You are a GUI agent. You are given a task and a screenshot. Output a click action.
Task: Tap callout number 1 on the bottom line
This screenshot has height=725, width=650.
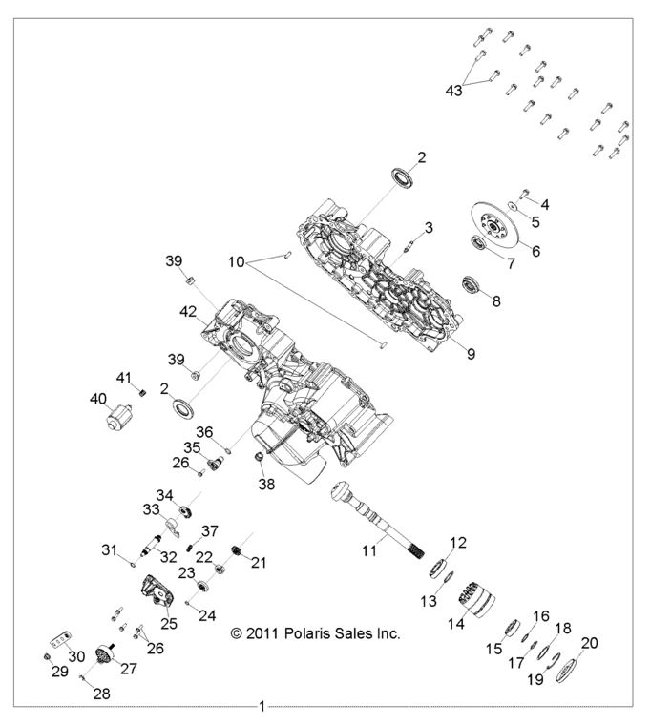pyautogui.click(x=262, y=707)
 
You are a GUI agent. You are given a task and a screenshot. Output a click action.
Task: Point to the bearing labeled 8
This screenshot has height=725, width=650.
pyautogui.click(x=471, y=283)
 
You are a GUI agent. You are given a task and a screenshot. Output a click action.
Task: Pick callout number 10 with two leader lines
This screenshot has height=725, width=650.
pyautogui.click(x=238, y=260)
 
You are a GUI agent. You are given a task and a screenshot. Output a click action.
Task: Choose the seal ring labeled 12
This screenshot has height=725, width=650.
pyautogui.click(x=441, y=567)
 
